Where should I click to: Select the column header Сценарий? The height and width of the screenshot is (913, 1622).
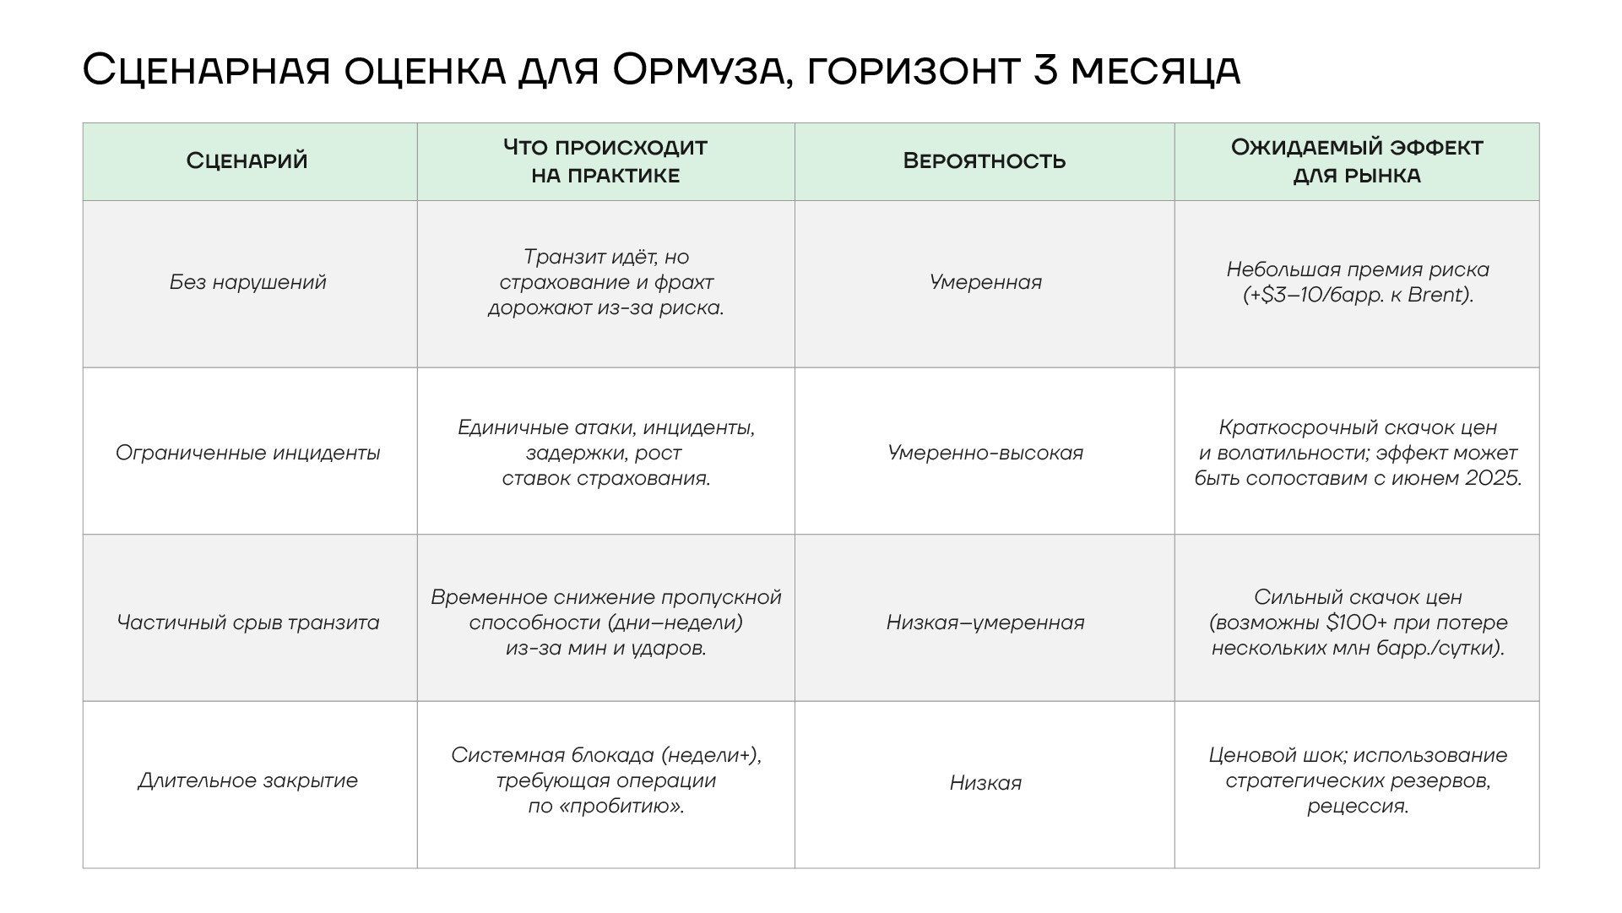[247, 160]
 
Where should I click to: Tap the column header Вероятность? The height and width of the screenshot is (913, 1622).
[985, 160]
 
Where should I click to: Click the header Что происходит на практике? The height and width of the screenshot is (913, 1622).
[605, 160]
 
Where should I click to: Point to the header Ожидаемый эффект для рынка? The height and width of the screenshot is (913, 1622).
[1356, 160]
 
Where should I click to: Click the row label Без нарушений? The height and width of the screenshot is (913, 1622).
[247, 282]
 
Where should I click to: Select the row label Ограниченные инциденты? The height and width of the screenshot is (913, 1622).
[247, 453]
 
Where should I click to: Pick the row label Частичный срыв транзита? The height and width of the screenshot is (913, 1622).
[247, 622]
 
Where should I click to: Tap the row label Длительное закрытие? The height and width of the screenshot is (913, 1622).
[247, 780]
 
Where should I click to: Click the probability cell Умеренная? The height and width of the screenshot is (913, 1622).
[985, 282]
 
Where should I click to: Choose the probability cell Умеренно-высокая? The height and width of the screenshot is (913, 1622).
[985, 453]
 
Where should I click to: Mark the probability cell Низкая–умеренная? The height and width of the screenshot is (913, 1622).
[985, 622]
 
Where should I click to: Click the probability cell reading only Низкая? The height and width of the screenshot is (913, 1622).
[985, 783]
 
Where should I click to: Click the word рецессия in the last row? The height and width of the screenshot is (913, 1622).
[1357, 807]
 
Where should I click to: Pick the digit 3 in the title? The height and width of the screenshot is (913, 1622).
[1044, 69]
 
